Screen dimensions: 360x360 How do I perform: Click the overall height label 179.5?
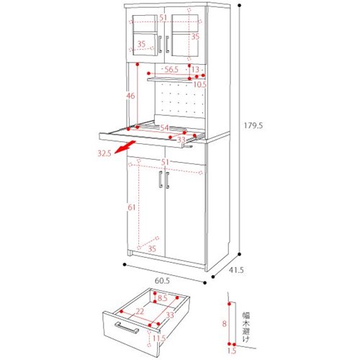point(253,125)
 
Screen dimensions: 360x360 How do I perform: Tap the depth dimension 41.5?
point(236,270)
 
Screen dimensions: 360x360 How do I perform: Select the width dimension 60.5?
point(162,281)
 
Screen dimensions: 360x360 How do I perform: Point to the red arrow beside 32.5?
point(125,148)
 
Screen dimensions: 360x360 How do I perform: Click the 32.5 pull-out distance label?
point(104,153)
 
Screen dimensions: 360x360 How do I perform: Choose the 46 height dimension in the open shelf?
point(130,96)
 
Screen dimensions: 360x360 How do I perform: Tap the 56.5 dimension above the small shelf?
point(171,70)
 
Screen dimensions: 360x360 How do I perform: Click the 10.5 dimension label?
point(200,84)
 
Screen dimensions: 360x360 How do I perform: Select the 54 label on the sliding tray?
point(164,127)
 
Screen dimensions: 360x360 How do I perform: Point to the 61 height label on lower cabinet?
point(132,207)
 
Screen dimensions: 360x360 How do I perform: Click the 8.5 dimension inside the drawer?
point(163,298)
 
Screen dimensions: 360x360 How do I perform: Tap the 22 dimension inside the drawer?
point(140,311)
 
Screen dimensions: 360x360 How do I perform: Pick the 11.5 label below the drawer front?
point(158,338)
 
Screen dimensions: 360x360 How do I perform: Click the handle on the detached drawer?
point(127,328)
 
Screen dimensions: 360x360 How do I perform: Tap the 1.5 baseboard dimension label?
point(232,351)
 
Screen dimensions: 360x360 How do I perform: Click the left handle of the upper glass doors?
point(160,44)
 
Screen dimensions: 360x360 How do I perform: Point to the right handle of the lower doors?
point(167,180)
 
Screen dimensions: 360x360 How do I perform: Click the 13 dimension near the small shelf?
point(196,69)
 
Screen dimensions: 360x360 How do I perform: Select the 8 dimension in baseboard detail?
point(224,324)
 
